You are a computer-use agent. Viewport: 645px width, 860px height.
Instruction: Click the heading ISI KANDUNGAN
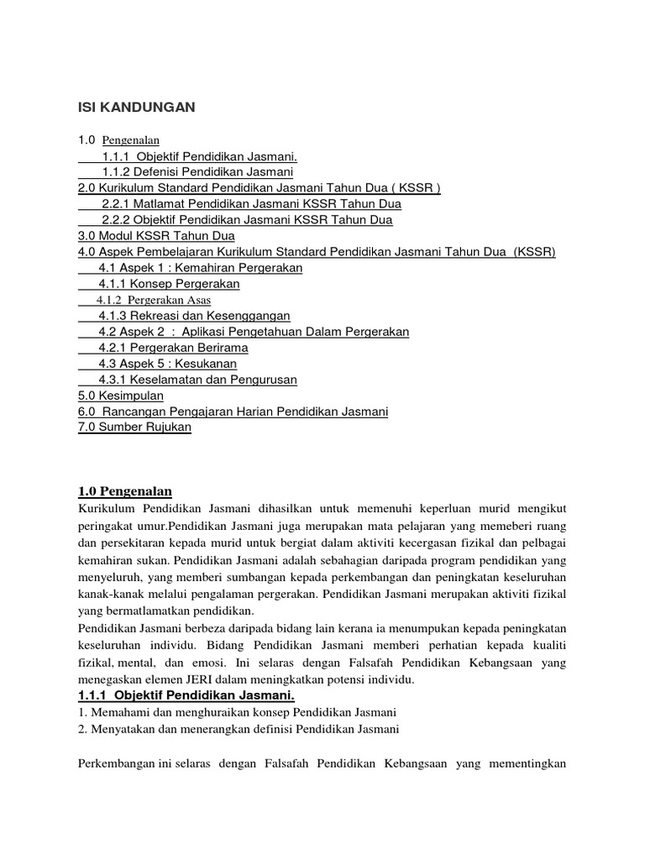tap(136, 107)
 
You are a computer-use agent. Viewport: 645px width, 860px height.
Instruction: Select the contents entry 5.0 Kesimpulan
tap(120, 396)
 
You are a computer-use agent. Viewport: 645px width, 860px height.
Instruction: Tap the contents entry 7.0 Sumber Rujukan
tap(134, 427)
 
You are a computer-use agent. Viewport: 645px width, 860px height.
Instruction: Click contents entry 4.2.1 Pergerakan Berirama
tap(173, 348)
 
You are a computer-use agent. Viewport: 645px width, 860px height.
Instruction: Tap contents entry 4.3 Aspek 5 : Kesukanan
tap(167, 364)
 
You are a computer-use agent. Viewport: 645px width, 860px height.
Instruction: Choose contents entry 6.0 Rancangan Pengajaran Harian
tap(233, 412)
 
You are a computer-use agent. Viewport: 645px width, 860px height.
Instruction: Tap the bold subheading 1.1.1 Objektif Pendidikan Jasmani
tap(186, 697)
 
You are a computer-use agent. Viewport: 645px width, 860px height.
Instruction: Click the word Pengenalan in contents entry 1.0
tap(136, 140)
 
